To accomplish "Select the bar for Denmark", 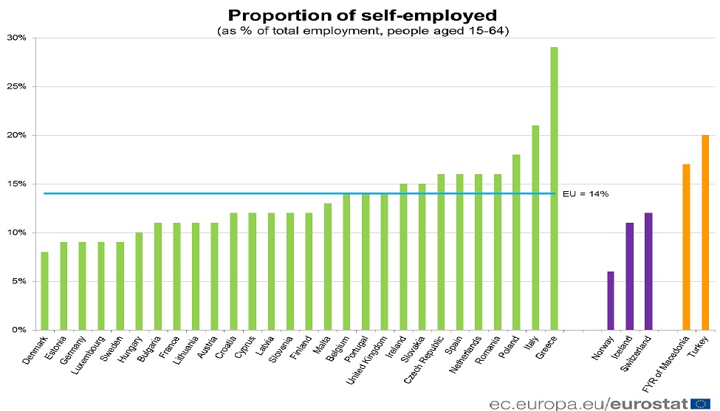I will point(45,291).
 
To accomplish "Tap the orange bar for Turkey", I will point(705,232).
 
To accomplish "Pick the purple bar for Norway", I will point(611,300).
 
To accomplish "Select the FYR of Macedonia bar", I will point(686,247).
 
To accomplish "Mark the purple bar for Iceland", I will point(630,276).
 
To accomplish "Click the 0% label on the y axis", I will point(18,330).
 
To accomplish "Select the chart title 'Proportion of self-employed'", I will point(362,15).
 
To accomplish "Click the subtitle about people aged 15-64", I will point(362,31).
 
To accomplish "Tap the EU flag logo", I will point(702,402).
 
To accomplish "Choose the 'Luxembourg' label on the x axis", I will point(89,353).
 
